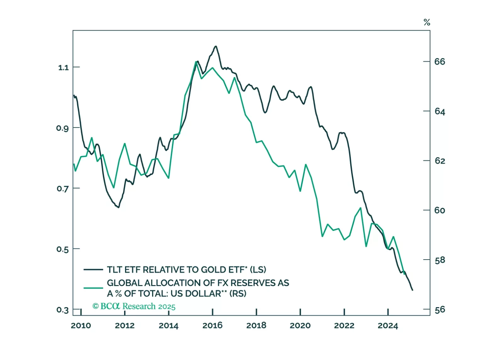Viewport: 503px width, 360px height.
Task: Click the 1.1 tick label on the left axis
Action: [x=63, y=67]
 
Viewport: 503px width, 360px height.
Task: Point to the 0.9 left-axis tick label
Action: [x=62, y=128]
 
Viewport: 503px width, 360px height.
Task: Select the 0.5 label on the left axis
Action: [x=62, y=249]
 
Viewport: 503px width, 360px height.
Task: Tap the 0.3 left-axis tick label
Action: [x=62, y=310]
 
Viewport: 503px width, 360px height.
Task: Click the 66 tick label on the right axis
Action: [x=440, y=62]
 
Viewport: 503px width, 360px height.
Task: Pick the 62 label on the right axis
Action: [x=440, y=161]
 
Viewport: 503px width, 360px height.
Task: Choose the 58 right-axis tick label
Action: [x=440, y=260]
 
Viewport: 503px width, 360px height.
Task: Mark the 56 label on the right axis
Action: [x=440, y=310]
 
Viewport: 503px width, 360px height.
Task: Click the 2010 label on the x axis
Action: [x=81, y=325]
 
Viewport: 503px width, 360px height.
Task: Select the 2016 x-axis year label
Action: [x=212, y=325]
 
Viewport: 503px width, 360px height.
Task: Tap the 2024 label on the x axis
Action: [x=388, y=325]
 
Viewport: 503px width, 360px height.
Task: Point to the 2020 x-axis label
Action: [x=300, y=325]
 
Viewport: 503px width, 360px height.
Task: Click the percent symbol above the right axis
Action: [x=427, y=22]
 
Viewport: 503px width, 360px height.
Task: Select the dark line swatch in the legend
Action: [x=93, y=270]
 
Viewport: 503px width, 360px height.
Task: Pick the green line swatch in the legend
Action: [x=93, y=288]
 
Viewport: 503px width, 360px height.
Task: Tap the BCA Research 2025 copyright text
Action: [x=134, y=306]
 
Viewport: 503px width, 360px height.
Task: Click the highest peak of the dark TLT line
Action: [x=216, y=46]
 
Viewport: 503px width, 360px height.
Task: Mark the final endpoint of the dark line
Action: [x=413, y=290]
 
